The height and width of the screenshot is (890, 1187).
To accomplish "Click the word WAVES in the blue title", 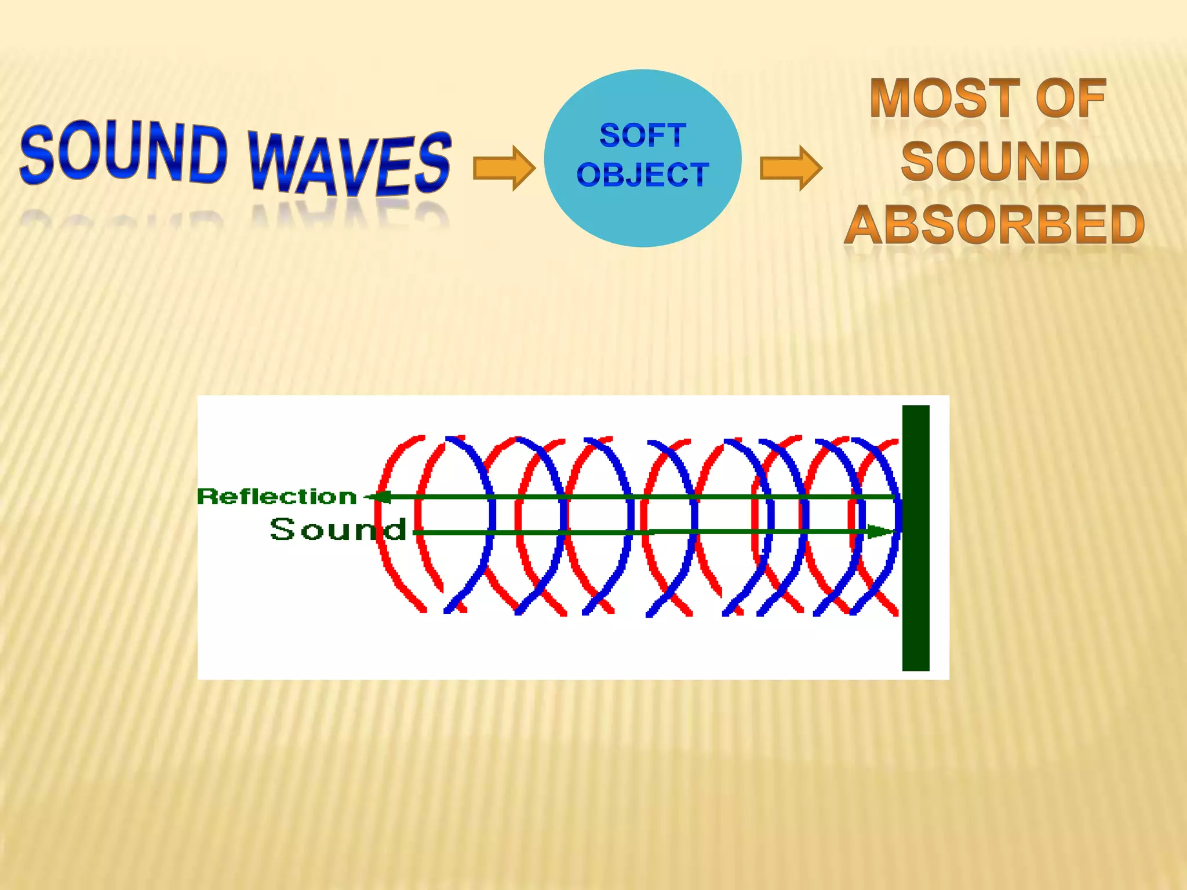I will click(350, 163).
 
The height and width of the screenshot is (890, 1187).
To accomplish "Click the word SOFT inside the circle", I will click(643, 136).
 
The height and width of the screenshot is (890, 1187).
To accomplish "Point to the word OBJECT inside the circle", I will click(643, 175).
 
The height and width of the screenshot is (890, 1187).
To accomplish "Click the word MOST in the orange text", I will click(945, 99).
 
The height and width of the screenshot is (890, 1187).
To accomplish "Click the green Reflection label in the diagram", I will click(277, 497).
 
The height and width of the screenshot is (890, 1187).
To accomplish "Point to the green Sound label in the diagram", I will click(337, 530).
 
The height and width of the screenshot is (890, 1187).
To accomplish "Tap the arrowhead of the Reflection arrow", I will click(380, 497).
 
